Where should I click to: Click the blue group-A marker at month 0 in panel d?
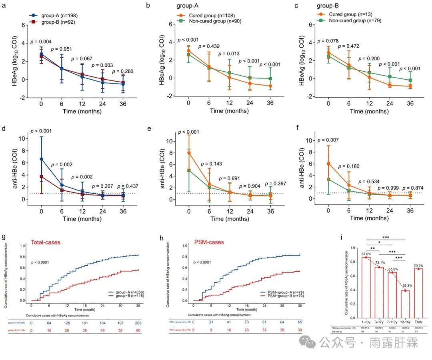click(x=41, y=159)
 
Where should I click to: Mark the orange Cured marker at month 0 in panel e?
click(x=189, y=153)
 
